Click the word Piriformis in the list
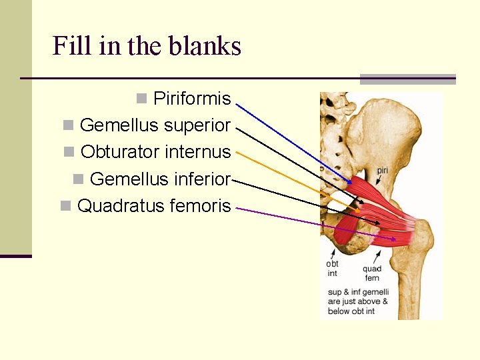(192, 99)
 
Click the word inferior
(199, 179)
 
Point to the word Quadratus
(121, 205)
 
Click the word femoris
(200, 205)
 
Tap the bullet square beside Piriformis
(141, 99)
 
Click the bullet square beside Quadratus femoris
(65, 205)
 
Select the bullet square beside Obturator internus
(68, 152)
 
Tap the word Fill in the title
(68, 46)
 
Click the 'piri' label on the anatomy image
(383, 171)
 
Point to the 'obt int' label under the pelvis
(332, 268)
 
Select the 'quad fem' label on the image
(372, 273)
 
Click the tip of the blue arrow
(351, 183)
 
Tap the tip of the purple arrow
(395, 239)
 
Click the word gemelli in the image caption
(377, 293)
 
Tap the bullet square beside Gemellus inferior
(77, 179)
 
